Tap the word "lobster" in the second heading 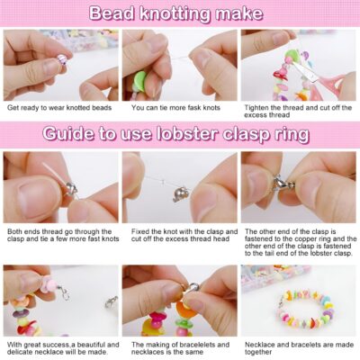[x=187, y=134]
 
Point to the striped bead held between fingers [x=62, y=59]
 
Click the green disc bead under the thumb [x=140, y=77]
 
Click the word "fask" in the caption [x=184, y=108]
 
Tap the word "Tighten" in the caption [x=256, y=108]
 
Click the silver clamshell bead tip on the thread [x=179, y=194]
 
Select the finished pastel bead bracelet [x=305, y=309]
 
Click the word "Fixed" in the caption [x=139, y=231]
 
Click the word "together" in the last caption [x=258, y=352]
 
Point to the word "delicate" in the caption [x=19, y=352]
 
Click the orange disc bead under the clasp [x=185, y=310]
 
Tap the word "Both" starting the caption [x=14, y=231]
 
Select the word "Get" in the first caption [x=13, y=108]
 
